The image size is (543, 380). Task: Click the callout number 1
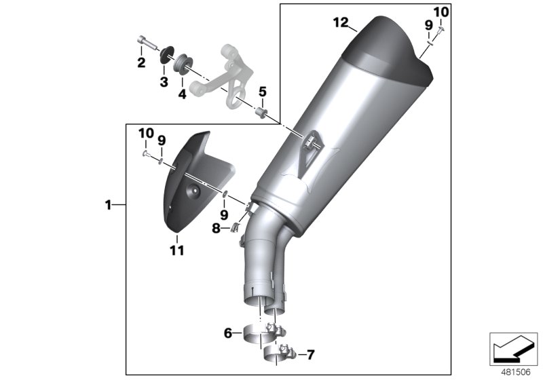[108, 204]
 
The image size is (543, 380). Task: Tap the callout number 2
[141, 63]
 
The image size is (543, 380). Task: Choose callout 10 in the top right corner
[441, 12]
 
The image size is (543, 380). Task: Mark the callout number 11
[177, 251]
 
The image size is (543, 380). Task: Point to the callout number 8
[216, 229]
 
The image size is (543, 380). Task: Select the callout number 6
[229, 333]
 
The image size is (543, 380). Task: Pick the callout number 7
[310, 354]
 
